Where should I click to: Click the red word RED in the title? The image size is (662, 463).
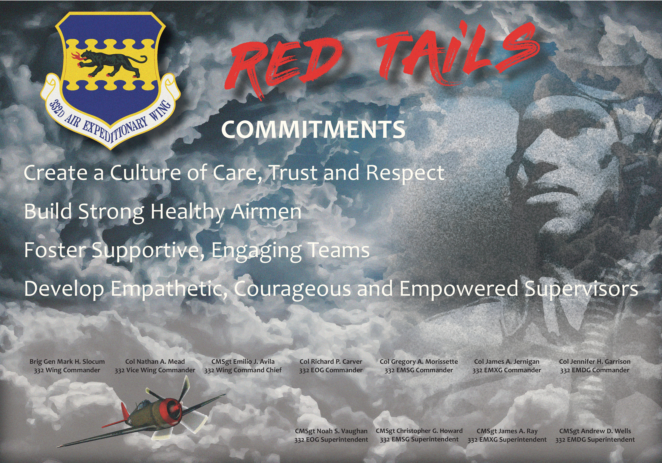pyautogui.click(x=284, y=65)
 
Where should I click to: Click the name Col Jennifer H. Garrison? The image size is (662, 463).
pyautogui.click(x=595, y=362)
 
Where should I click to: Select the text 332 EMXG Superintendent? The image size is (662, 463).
pyautogui.click(x=507, y=440)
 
